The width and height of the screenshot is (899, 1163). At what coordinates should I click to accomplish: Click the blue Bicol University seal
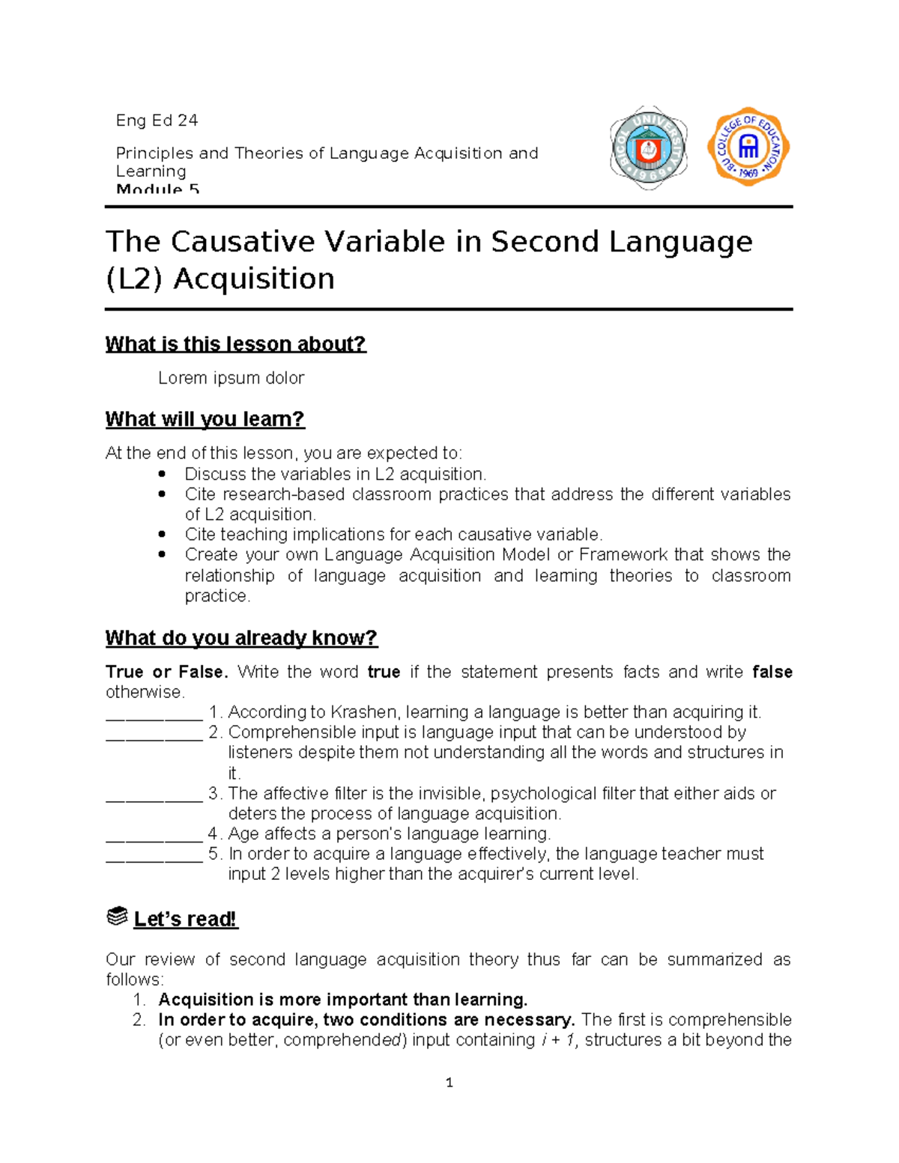(648, 148)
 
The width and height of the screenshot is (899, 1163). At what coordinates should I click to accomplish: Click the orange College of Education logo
(748, 147)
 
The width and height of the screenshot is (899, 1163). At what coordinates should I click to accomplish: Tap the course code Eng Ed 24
(157, 121)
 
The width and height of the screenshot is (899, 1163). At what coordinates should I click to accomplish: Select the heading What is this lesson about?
(235, 344)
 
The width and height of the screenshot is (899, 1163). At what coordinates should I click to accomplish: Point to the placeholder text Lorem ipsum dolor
(231, 378)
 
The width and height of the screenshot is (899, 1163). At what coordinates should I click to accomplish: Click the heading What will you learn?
(205, 419)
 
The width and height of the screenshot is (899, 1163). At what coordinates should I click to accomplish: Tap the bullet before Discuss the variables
(163, 474)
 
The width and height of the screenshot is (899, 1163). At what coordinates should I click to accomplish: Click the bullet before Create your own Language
(163, 555)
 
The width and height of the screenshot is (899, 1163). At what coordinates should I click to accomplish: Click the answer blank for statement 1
(154, 713)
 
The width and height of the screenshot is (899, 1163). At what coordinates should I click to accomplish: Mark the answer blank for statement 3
(154, 795)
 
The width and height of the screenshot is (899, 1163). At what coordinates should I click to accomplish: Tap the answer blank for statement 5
(154, 855)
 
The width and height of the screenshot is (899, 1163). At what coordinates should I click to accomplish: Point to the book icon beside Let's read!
(117, 917)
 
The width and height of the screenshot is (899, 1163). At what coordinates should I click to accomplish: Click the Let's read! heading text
(185, 919)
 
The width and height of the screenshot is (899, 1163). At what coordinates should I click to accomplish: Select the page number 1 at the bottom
(449, 1082)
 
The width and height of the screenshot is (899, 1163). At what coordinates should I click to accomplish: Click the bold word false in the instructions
(772, 672)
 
